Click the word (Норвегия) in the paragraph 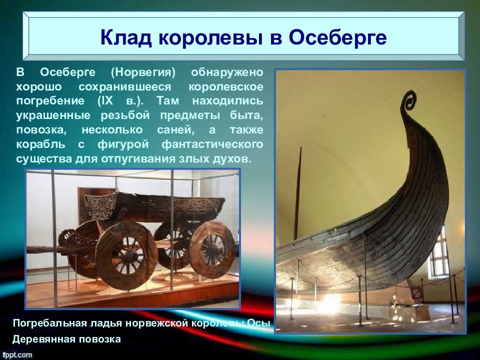pos(143,72)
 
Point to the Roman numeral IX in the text pos(105,100)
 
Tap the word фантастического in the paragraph pos(212,144)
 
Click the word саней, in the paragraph pos(175,130)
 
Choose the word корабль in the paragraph pos(40,144)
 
